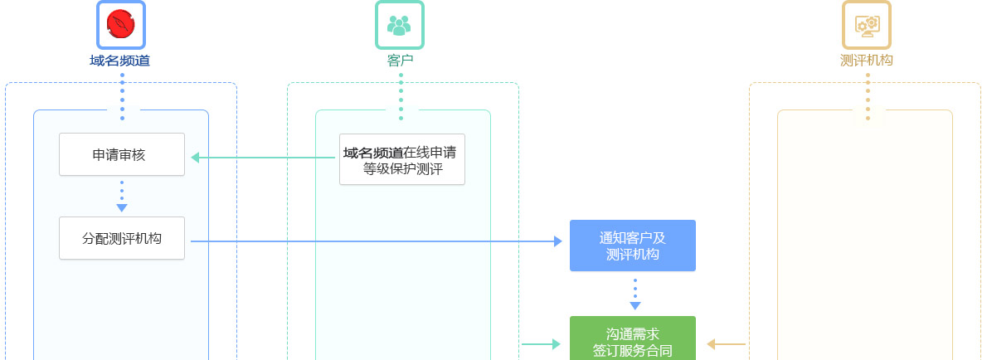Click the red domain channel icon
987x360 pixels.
click(121, 24)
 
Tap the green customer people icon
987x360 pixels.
click(400, 24)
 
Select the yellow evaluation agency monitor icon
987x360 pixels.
click(867, 24)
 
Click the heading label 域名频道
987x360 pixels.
click(120, 60)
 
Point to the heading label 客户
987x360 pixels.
click(400, 60)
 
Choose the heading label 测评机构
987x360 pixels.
click(867, 60)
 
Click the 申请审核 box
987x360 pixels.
click(121, 154)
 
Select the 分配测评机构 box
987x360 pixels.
click(121, 238)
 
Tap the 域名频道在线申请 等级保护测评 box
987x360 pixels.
click(402, 160)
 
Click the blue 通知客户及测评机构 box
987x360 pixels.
click(632, 246)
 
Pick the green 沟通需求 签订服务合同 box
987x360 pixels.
click(632, 340)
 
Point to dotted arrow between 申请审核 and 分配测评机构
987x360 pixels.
click(122, 197)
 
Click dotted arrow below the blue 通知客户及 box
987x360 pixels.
click(634, 294)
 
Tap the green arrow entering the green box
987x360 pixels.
click(541, 343)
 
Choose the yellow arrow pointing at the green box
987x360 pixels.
click(726, 343)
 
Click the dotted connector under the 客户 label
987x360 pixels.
click(401, 96)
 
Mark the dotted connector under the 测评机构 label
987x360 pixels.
click(868, 96)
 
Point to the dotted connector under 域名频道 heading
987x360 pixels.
click(122, 96)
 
